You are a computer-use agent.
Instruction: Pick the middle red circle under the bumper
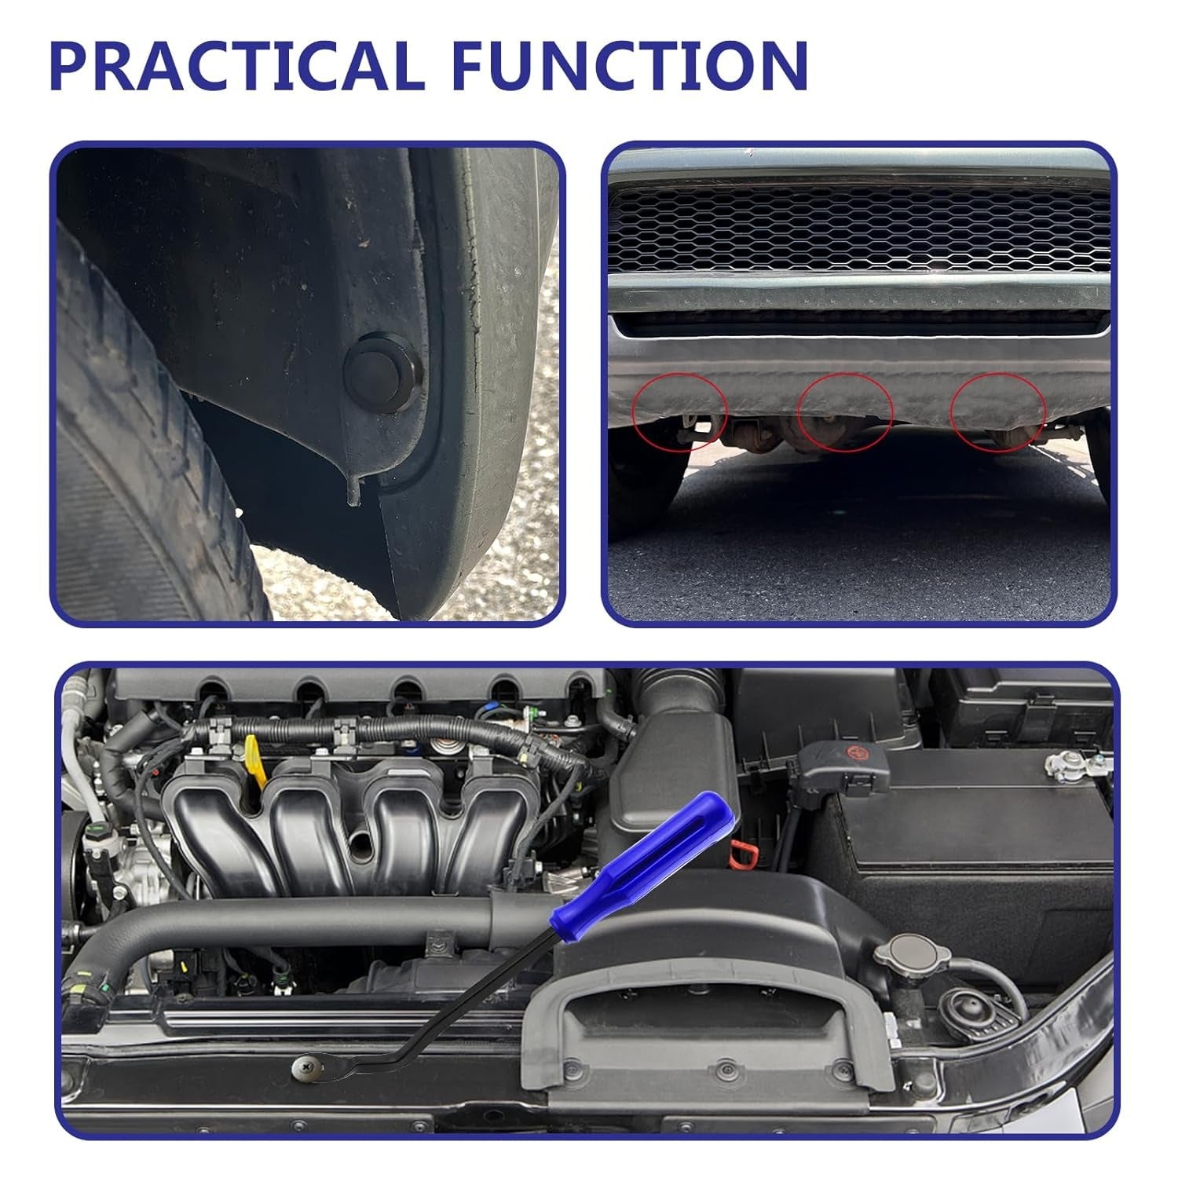[845, 412]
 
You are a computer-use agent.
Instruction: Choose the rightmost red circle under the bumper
[998, 412]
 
